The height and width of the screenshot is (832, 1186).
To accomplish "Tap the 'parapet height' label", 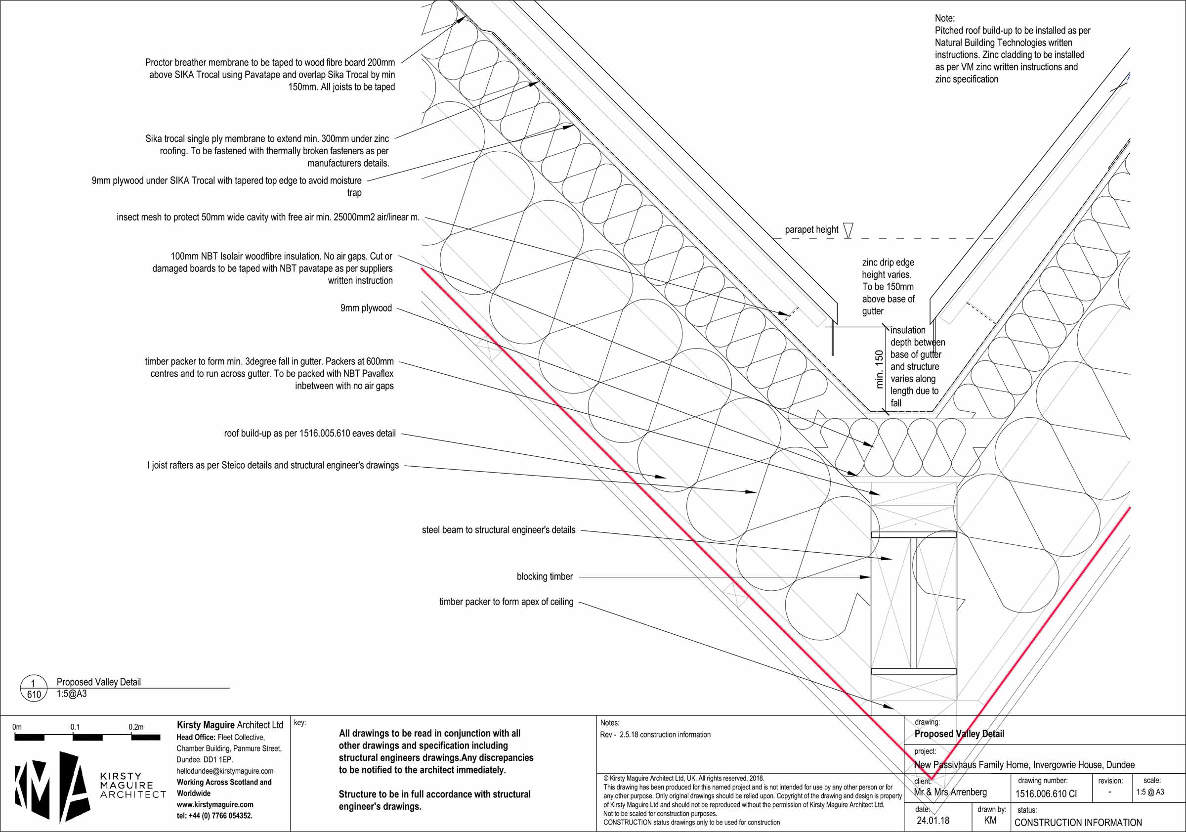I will point(811,230).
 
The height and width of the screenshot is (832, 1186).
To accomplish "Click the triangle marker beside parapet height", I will point(847,230).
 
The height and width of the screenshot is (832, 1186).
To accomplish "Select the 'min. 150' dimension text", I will point(879,369).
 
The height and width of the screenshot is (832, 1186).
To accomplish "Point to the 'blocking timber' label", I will point(545,577).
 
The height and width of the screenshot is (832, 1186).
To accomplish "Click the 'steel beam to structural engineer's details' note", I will point(498,530).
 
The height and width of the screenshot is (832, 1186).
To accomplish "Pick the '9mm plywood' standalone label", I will point(366,308).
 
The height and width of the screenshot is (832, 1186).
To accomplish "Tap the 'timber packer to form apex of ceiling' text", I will point(506,602).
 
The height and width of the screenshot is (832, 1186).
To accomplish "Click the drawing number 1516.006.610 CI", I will point(1046,794).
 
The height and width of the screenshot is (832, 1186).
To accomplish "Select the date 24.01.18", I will point(933,821).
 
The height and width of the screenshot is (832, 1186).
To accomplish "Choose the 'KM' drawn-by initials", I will point(990,821).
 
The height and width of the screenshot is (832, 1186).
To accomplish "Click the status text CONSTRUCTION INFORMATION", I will point(1078,822).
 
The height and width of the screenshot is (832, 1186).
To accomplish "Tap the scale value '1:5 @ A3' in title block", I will point(1150,792).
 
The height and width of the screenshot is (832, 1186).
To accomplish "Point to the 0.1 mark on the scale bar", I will point(75,728).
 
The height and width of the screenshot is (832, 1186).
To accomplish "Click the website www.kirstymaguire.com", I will point(215,805).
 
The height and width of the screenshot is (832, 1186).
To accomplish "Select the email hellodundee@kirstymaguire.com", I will point(225,771).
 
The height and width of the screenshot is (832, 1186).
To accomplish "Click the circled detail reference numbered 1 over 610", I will point(34,689).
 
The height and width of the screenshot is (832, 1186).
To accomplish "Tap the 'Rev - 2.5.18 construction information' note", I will point(655,735).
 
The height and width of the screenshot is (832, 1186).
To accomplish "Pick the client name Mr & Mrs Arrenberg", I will point(950,792).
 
